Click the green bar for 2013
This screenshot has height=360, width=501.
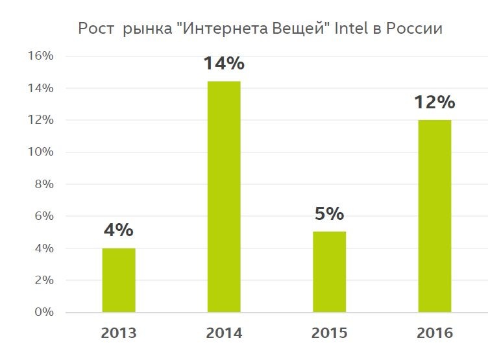[119, 280]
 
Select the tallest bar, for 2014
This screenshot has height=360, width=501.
[224, 197]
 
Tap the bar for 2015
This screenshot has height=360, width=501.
[329, 272]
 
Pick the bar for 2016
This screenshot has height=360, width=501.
[434, 216]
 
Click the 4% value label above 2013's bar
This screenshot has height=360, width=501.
[119, 230]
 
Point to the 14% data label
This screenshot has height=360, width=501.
[224, 64]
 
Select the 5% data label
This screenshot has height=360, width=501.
[329, 214]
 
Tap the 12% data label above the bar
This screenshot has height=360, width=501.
[434, 102]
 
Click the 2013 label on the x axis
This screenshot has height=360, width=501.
[119, 333]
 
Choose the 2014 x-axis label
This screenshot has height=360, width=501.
[224, 333]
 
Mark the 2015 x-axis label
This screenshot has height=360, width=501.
[329, 333]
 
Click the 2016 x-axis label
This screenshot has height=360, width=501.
[434, 333]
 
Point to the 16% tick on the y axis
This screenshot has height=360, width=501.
[40, 56]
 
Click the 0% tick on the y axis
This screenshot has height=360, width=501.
[43, 312]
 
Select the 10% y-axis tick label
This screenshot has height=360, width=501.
[40, 152]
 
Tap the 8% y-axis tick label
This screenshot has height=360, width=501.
[43, 184]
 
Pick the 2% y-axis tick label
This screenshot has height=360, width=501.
[43, 280]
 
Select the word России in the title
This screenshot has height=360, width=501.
[415, 29]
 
